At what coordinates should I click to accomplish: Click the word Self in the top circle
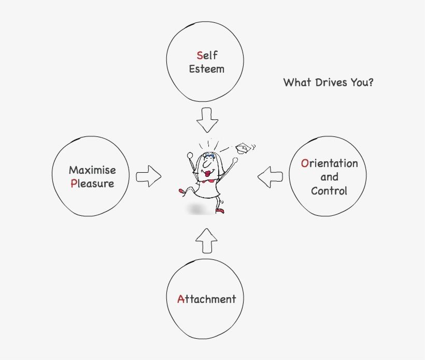(x=207, y=55)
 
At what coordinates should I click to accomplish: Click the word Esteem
(x=207, y=68)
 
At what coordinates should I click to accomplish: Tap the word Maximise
(x=92, y=170)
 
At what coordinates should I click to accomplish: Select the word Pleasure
(x=92, y=183)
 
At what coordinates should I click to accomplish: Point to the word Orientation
(x=329, y=163)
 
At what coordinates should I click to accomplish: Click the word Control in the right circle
(x=329, y=190)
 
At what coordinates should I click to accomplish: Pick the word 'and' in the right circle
(x=329, y=177)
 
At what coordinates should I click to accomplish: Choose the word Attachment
(x=206, y=299)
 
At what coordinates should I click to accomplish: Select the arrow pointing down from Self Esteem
(x=208, y=120)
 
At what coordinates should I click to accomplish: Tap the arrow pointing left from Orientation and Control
(x=271, y=176)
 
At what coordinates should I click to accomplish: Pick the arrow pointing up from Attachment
(x=207, y=240)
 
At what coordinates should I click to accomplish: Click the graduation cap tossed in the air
(x=242, y=148)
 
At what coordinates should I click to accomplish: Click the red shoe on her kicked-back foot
(x=182, y=191)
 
